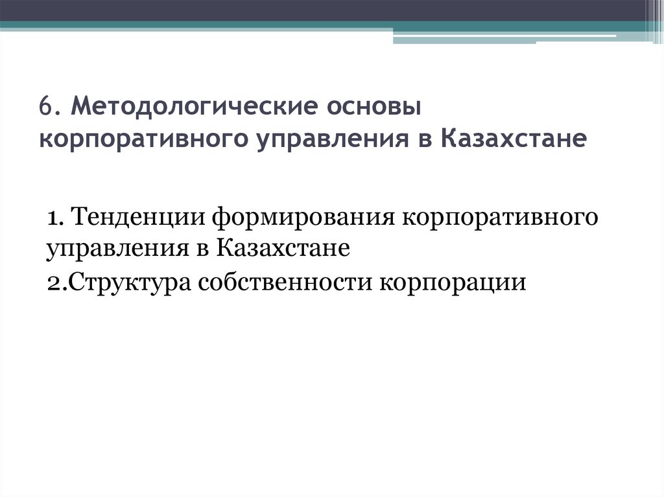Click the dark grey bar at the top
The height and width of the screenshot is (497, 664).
(324, 10)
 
